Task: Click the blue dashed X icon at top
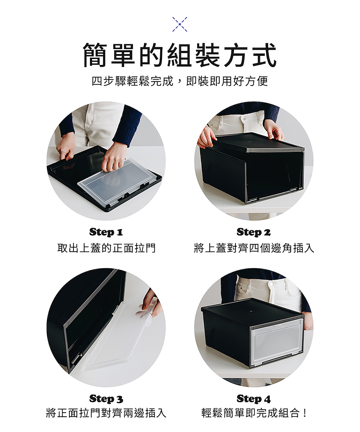point(180,24)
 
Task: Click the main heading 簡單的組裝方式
point(180,55)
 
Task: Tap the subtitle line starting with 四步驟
point(180,81)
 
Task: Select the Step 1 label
point(106,232)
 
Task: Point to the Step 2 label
point(253,232)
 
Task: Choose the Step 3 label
point(106,399)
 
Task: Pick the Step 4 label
point(253,399)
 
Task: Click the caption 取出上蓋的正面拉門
point(106,248)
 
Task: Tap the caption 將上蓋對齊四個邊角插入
point(254,248)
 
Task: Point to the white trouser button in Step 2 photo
point(245,118)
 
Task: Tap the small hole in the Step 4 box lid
point(251,311)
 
